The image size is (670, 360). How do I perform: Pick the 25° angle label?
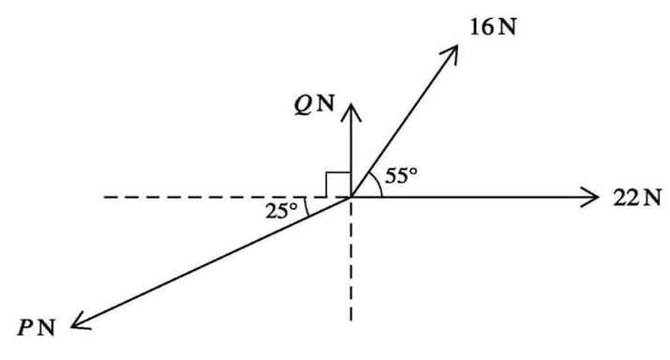[x=281, y=210]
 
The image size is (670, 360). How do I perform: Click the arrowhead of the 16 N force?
[x=454, y=51]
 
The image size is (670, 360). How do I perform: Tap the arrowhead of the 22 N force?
[x=591, y=197]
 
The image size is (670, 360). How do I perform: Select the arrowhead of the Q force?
[x=351, y=111]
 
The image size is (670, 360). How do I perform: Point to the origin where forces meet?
[x=351, y=197]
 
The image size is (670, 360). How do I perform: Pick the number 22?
[x=626, y=197]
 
